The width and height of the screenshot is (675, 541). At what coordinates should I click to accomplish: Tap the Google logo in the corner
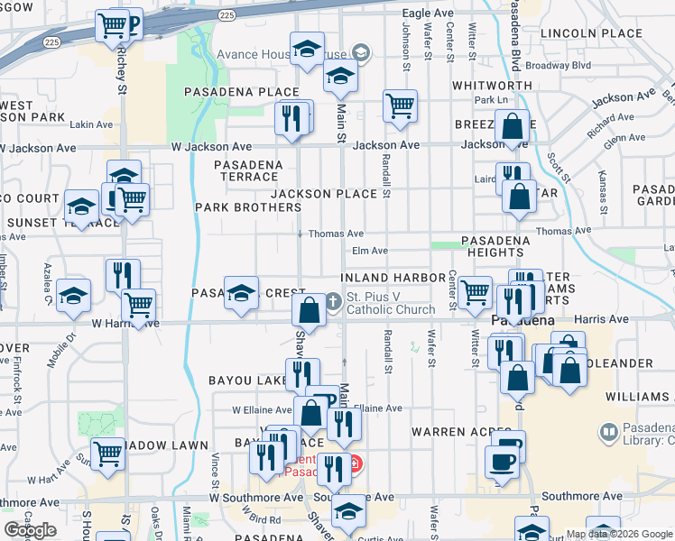30,530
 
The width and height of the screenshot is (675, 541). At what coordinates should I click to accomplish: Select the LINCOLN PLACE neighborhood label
591,33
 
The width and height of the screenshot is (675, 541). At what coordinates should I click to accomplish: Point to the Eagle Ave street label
428,14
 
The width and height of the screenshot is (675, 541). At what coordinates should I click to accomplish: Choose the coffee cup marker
502,462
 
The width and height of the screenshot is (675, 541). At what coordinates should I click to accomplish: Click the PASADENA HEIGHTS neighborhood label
495,247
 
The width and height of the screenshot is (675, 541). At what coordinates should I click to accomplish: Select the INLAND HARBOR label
393,277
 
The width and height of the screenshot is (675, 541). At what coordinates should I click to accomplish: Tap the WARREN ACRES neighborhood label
450,432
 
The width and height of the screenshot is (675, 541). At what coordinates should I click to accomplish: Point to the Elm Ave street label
370,251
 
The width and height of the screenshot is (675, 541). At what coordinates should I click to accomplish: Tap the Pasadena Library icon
607,433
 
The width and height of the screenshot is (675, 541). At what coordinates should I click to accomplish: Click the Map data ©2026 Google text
618,534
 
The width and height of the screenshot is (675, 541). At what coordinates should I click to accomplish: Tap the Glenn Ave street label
624,139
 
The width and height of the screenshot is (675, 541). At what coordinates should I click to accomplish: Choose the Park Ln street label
492,99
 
